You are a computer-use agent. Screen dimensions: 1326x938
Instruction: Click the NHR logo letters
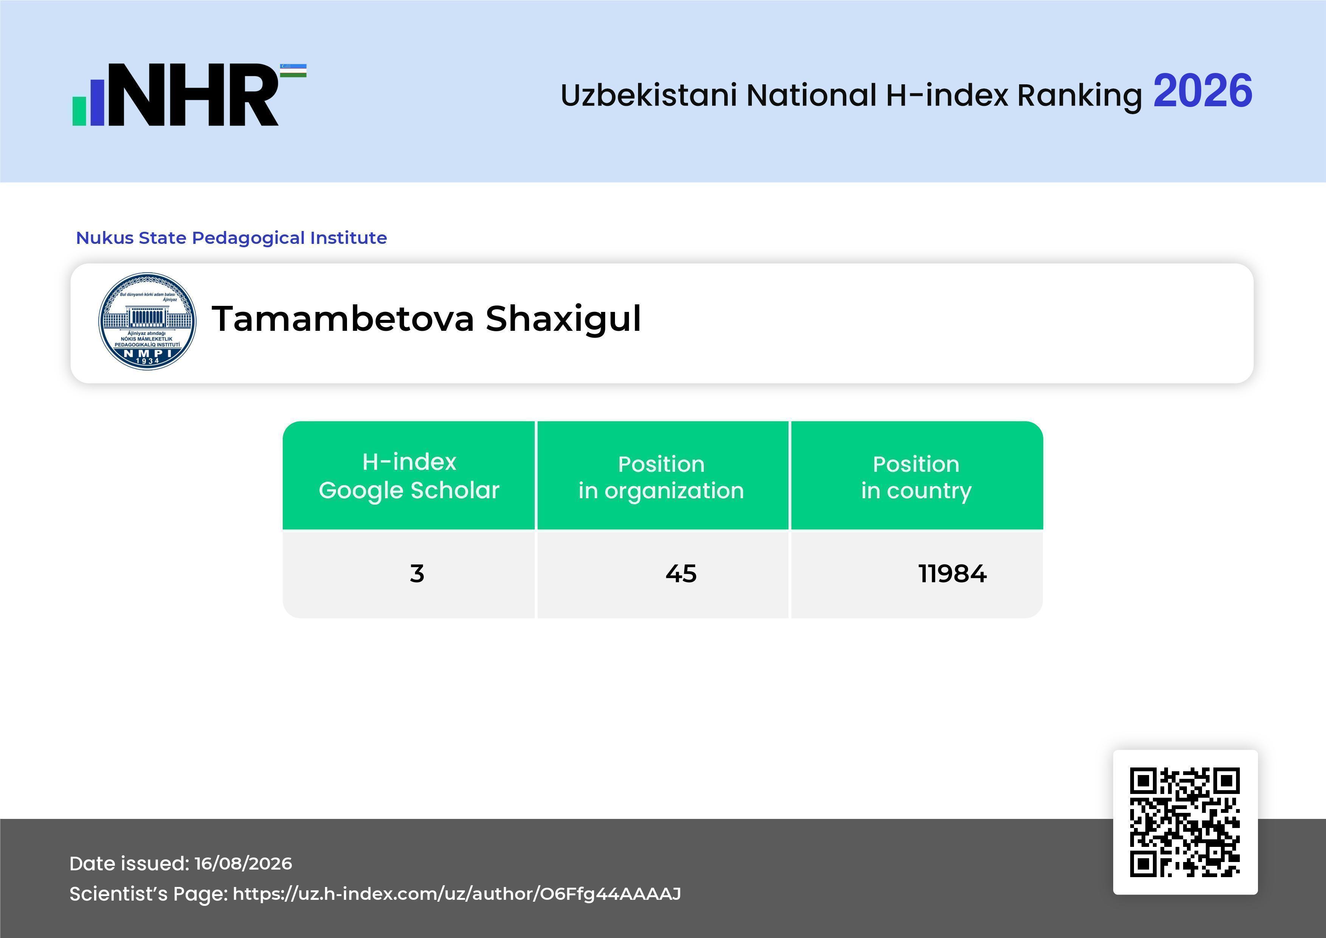[x=194, y=95]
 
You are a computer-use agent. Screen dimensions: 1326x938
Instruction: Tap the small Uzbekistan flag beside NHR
[x=293, y=70]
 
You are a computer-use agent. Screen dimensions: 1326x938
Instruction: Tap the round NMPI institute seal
[x=147, y=321]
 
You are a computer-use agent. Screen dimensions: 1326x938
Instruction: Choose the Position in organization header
[x=661, y=477]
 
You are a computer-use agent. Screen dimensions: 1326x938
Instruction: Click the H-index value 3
[x=417, y=574]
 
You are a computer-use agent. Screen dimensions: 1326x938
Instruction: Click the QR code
[x=1185, y=822]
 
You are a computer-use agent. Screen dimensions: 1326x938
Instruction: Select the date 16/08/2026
[x=243, y=864]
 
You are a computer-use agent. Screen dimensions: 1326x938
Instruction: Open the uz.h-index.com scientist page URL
[x=457, y=894]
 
